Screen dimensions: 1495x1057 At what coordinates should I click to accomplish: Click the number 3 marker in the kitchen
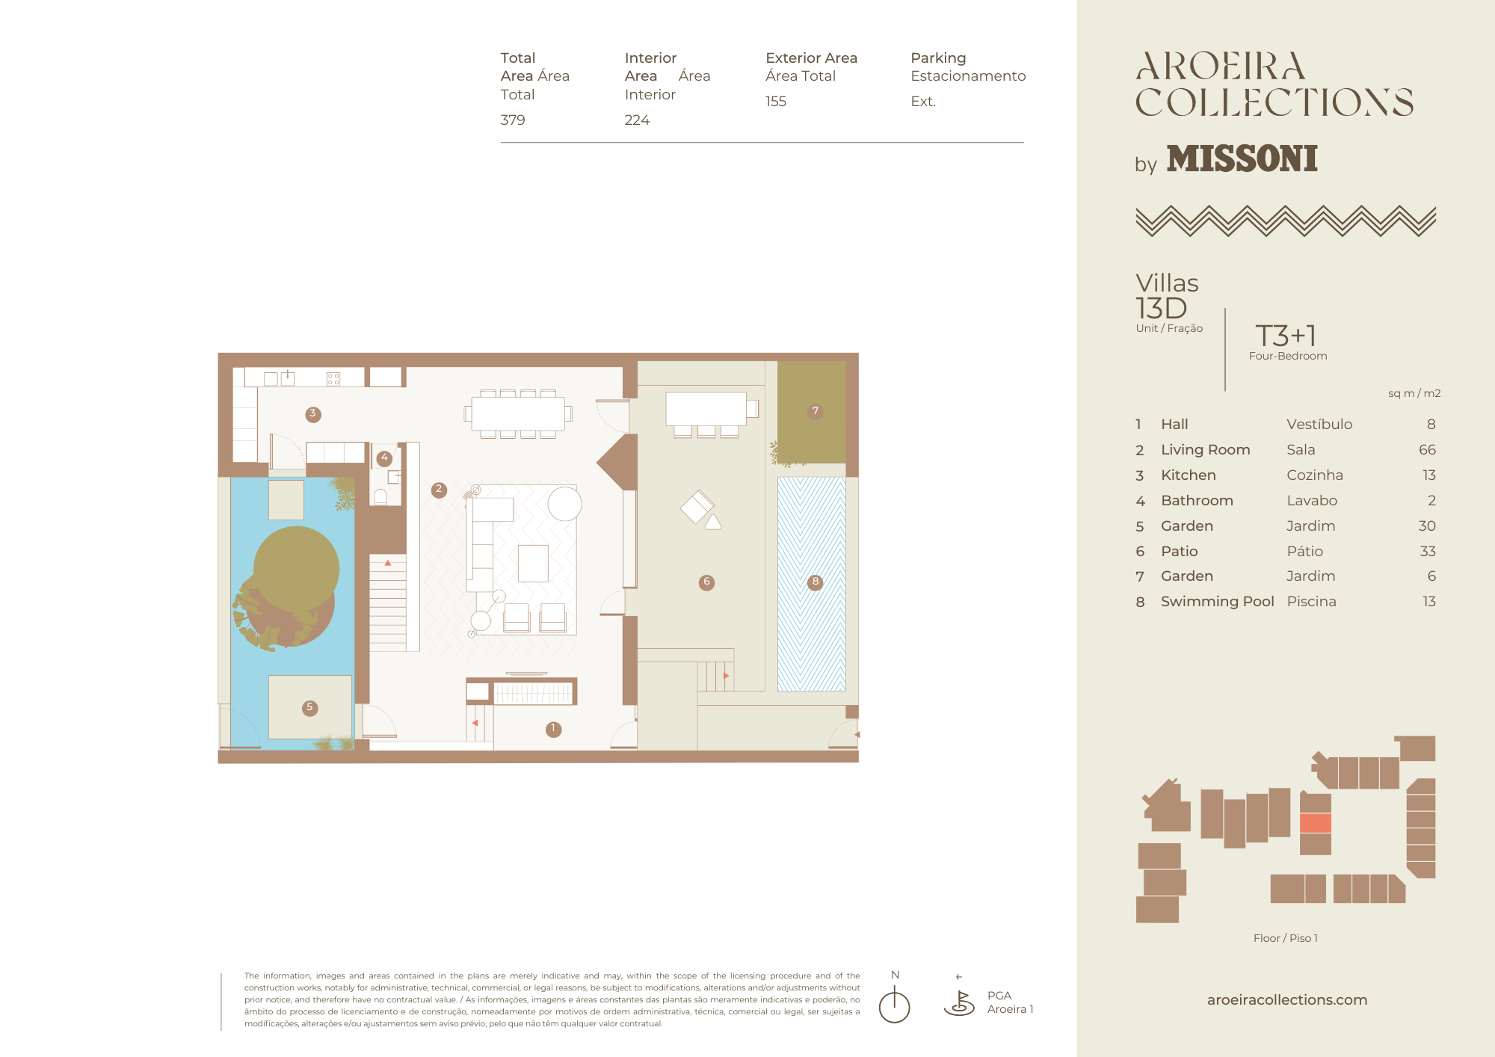click(313, 414)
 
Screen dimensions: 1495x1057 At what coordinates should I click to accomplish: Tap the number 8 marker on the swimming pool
click(816, 582)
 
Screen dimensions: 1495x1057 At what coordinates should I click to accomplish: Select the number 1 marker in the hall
click(553, 729)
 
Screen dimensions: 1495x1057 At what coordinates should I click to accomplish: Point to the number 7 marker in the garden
click(816, 411)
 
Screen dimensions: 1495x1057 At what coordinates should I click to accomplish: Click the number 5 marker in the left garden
click(309, 707)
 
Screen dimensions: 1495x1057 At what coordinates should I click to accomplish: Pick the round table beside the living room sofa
click(564, 503)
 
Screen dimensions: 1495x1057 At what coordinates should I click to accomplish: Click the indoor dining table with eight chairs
click(518, 413)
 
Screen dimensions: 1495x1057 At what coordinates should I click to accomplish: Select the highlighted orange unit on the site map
click(1316, 823)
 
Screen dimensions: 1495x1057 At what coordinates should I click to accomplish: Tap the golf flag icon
click(959, 1002)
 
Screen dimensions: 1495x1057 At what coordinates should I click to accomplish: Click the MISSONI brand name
click(1242, 158)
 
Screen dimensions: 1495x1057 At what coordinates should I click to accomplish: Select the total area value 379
click(513, 120)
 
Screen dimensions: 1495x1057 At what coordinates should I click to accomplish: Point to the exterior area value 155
click(776, 101)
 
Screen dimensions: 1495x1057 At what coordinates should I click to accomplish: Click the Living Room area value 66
click(1427, 449)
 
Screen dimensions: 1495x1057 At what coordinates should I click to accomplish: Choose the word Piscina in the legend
click(1311, 601)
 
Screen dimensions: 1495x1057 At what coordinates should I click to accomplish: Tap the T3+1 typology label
click(1286, 336)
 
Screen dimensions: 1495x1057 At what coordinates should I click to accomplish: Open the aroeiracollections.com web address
click(1287, 999)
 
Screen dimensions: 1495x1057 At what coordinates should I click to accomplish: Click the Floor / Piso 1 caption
click(1286, 938)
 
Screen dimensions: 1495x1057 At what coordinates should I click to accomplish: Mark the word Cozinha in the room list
click(1315, 475)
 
